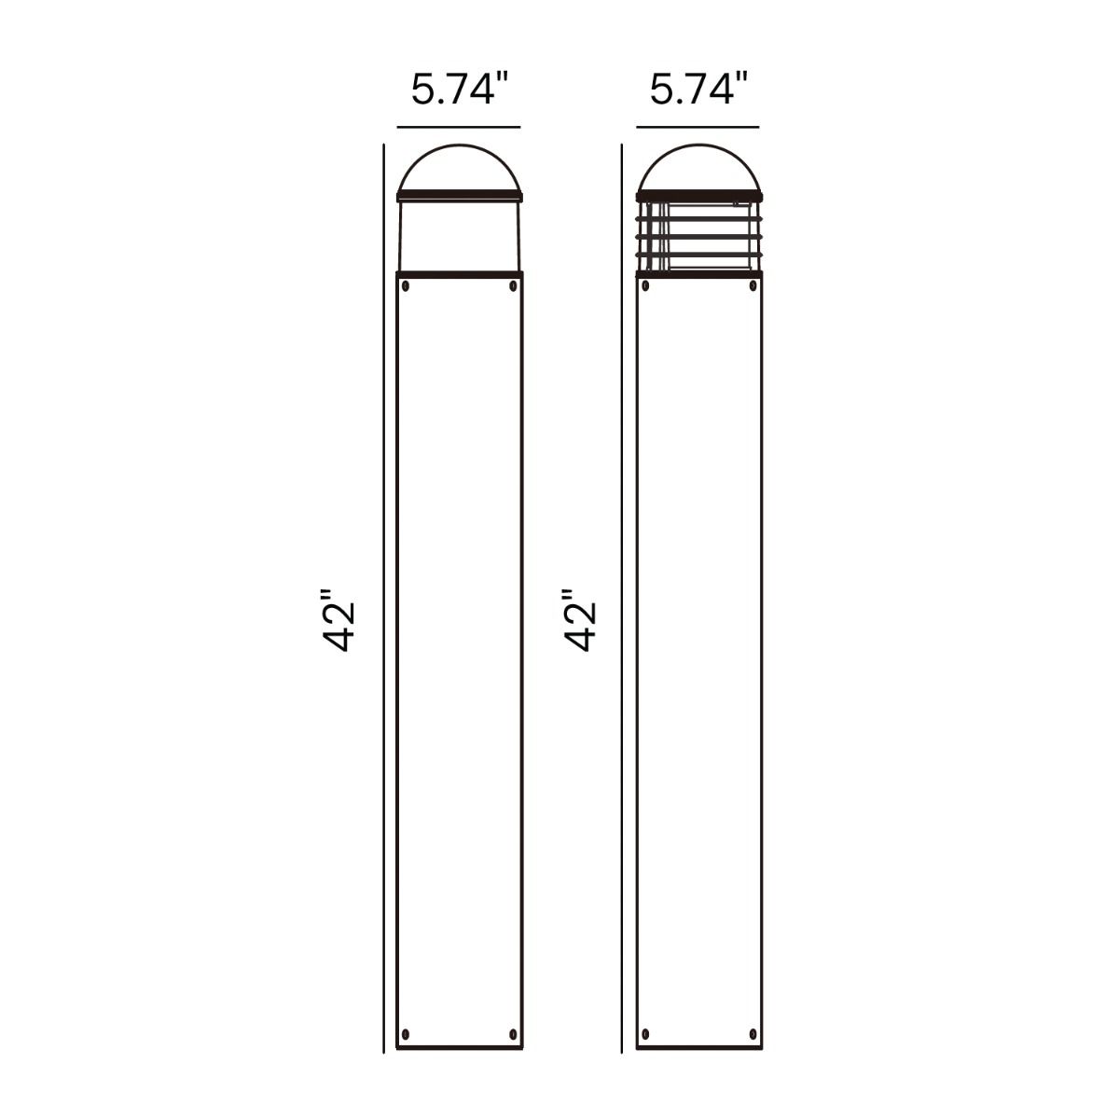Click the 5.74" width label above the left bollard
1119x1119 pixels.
(460, 90)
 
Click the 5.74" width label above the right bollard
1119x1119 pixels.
(698, 90)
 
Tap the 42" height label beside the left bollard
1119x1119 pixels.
(338, 620)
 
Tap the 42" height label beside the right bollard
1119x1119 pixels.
(581, 620)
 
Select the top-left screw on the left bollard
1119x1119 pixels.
(406, 285)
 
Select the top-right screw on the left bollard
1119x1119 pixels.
(513, 285)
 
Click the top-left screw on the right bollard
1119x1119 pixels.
(645, 285)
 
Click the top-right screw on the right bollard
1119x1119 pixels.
(753, 285)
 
